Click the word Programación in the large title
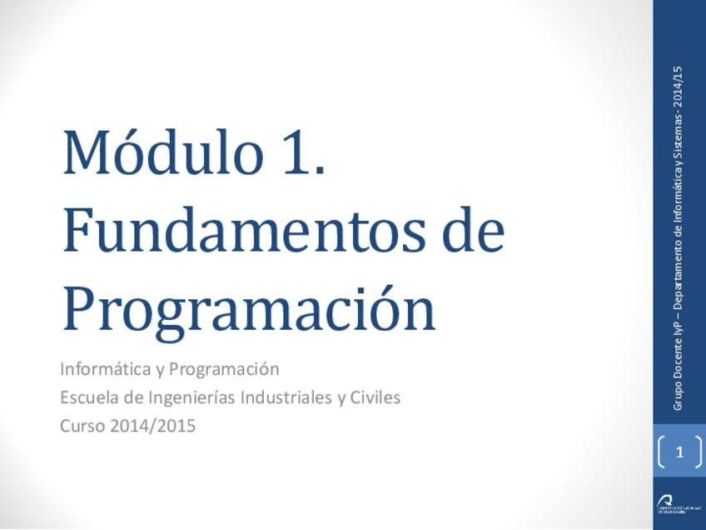point(249,310)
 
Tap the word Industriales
point(286,397)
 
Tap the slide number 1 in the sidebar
point(679,453)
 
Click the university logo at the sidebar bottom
point(671,505)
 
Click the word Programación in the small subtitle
point(230,368)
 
